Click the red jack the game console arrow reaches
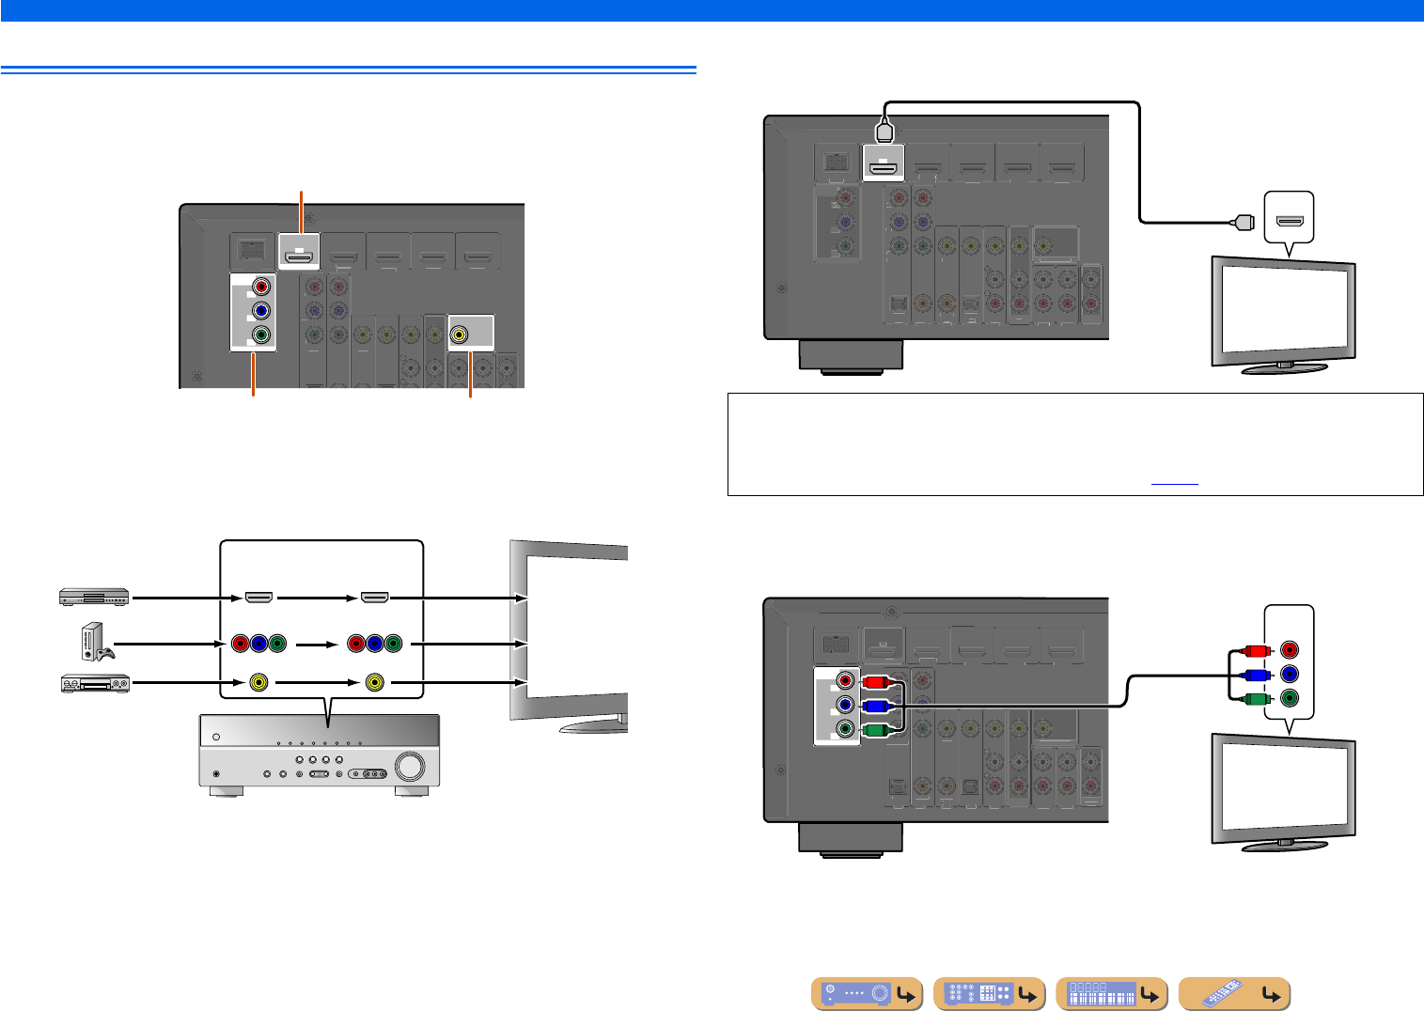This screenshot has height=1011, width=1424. pos(240,644)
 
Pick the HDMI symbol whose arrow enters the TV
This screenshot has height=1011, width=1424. pos(375,597)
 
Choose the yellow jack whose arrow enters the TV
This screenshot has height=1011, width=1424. pos(375,683)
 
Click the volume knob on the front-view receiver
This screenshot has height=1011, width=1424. pos(410,766)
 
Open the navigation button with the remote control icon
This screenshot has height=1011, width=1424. pos(1234,994)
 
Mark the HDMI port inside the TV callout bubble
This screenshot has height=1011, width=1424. pos(1290,223)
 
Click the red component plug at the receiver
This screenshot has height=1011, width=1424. pos(874,682)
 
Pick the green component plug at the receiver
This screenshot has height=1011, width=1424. pos(874,729)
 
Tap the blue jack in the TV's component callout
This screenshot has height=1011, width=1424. pos(1290,674)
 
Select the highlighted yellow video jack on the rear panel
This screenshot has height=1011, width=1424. pos(459,333)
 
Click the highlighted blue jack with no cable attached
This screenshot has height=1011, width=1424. pos(261,310)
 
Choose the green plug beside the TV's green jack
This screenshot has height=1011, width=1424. pos(1253,698)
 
